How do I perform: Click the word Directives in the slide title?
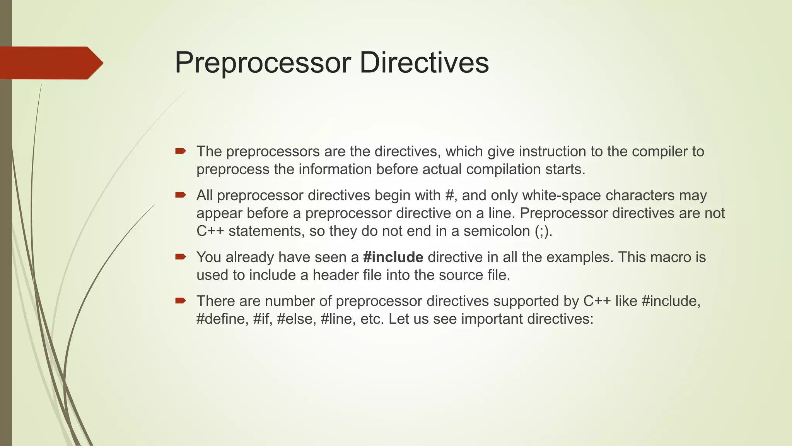[x=424, y=63]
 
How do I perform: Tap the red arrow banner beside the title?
[x=50, y=63]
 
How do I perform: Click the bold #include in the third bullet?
[x=393, y=257]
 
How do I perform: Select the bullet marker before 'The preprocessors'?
[x=181, y=151]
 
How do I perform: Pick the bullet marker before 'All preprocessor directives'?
[x=181, y=195]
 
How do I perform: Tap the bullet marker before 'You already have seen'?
[x=181, y=257]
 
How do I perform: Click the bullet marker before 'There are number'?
[x=181, y=300]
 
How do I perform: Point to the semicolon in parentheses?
[x=542, y=232]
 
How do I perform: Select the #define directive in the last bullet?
[x=221, y=319]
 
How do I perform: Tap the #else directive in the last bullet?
[x=294, y=319]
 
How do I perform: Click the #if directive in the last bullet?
[x=262, y=319]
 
